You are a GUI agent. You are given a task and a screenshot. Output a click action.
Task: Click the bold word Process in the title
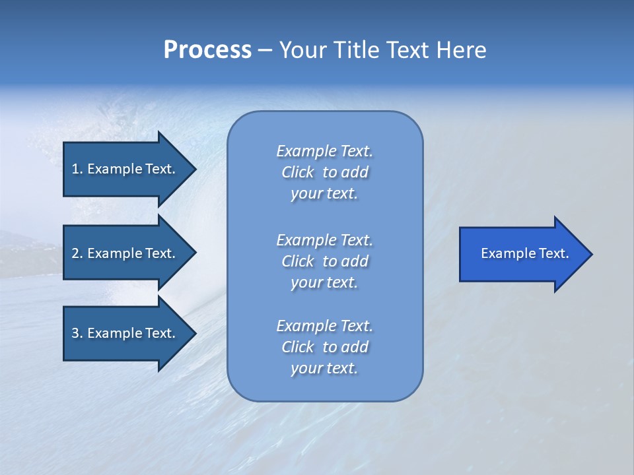coord(207,50)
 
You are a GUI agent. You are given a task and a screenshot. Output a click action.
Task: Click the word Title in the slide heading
coord(357,50)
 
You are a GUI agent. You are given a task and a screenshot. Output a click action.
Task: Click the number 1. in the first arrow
coord(77,169)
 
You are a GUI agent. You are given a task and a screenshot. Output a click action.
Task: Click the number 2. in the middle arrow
coord(77,253)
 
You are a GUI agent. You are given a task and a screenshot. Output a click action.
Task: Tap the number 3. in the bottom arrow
coord(77,333)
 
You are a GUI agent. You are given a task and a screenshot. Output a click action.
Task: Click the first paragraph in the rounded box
coord(324,172)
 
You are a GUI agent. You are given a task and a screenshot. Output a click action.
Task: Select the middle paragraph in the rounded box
coord(324,261)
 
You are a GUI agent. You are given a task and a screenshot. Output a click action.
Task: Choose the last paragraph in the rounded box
coord(324,347)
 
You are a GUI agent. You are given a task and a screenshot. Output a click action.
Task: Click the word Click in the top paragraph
coord(298,172)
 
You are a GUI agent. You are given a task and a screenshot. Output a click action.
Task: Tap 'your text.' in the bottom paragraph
coord(324,369)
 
